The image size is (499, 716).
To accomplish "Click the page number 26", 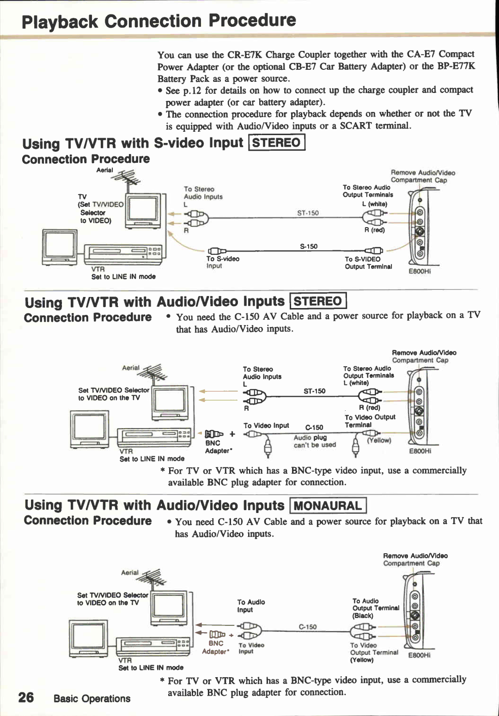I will coord(26,697).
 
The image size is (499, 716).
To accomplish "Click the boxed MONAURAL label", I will coord(328,506).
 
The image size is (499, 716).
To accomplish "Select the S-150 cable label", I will coord(309,246).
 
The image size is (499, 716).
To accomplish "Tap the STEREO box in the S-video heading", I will coord(277,142).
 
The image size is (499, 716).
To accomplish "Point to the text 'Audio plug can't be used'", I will coord(315,441).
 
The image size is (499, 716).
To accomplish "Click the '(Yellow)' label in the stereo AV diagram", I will coord(379,440).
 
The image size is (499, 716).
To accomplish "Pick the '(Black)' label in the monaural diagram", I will coord(363,616).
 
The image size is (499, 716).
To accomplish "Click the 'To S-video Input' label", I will coord(222,262).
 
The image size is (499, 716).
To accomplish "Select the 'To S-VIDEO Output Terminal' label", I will coord(368,263).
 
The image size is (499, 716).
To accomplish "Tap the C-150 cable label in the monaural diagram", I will coord(308,627).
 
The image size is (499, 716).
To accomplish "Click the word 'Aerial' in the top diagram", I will coord(104,170).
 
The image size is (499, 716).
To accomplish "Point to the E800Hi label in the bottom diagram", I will coord(420,655).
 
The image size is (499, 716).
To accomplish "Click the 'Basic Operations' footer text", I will coord(92,698).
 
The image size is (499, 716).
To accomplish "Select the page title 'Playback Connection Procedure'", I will coord(158,21).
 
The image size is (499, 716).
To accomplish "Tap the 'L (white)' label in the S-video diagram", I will coord(375,204).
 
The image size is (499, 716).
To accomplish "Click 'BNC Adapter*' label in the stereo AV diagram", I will coord(217,447).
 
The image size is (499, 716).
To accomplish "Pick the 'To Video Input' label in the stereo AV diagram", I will coord(266,426).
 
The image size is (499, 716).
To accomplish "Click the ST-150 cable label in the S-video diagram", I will coord(308,213).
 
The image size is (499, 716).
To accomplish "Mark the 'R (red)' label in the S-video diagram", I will coord(374,230).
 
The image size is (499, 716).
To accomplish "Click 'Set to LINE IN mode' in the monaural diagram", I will coord(151,667).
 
